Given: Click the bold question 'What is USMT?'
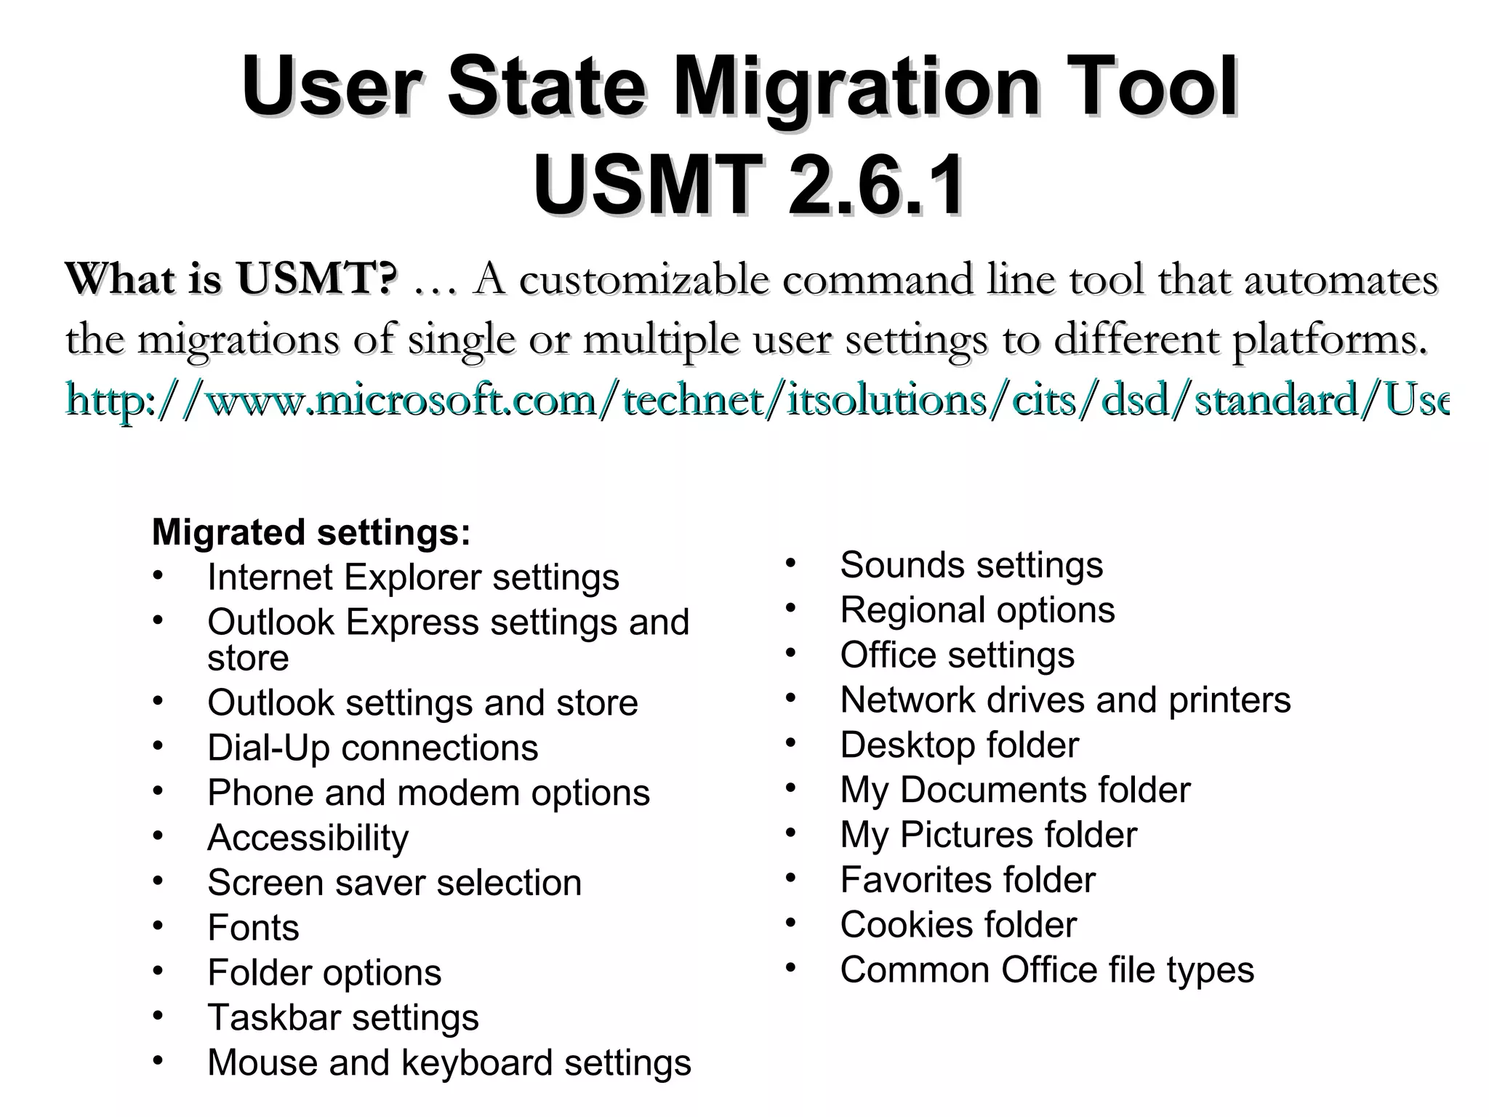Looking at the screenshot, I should pos(231,279).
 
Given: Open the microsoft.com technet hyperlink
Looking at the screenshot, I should pos(756,401).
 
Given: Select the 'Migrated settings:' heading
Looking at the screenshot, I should pos(311,532).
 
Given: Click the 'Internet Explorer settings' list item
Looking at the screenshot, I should pos(413,577).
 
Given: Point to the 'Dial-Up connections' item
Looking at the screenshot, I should pos(372,748).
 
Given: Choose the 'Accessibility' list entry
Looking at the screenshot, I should pos(308,838).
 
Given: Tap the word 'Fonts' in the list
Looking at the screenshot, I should pos(253,928).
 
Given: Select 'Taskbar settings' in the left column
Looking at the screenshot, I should pos(343,1017).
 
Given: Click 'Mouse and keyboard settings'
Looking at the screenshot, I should pos(449,1062).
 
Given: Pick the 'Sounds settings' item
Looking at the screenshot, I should pos(971,565).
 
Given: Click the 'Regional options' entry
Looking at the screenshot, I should pos(977,610).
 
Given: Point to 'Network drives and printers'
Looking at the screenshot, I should pos(1065,700).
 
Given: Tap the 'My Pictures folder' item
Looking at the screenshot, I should pos(988,835).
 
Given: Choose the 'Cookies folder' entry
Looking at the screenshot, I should pos(958,925).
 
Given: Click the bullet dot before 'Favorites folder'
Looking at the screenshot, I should pos(791,878).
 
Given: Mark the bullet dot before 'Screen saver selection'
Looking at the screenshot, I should pos(158,880).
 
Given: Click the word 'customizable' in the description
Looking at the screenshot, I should pos(643,280).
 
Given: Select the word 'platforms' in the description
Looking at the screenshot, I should pos(1323,340).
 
